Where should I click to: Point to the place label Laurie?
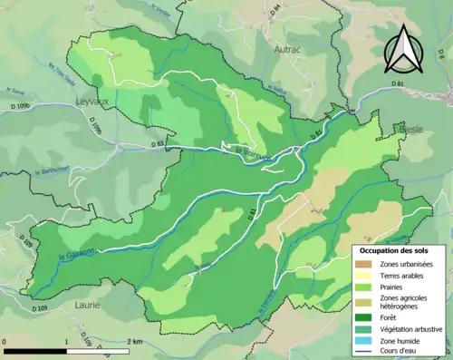[88, 306]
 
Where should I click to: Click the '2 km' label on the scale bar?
[134, 340]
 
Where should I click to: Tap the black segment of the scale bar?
[36, 348]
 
